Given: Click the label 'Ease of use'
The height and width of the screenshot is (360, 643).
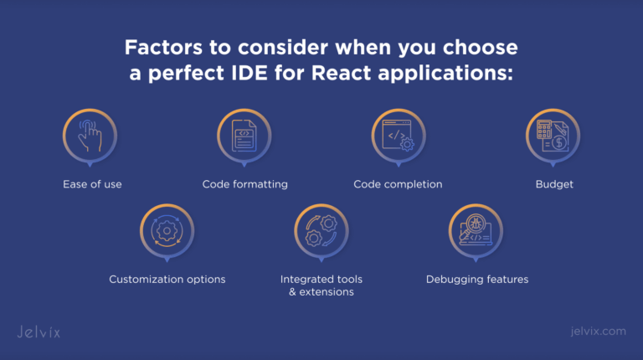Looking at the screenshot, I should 91,184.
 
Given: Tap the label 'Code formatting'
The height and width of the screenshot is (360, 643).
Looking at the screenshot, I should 244,184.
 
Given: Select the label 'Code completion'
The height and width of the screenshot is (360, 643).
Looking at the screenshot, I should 398,184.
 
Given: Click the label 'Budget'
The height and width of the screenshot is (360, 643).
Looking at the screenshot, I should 554,184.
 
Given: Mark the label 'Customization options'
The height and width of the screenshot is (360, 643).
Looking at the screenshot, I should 167,280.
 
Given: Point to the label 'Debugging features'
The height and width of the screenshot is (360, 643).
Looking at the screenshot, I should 476,280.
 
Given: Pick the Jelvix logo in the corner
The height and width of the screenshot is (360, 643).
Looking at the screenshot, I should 39,332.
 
